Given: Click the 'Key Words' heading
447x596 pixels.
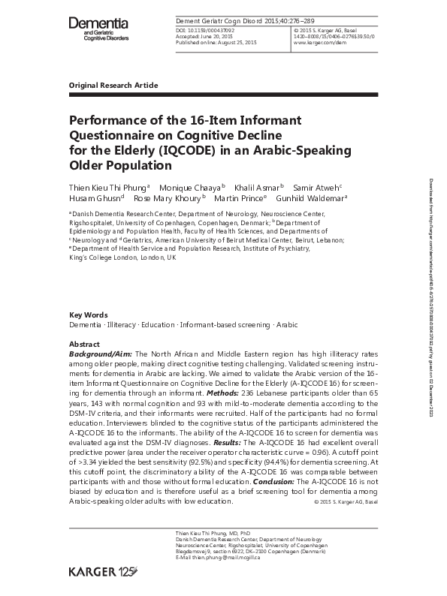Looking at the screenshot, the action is pyautogui.click(x=88, y=315).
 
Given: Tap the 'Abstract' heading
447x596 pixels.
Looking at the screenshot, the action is pyautogui.click(x=84, y=342).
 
